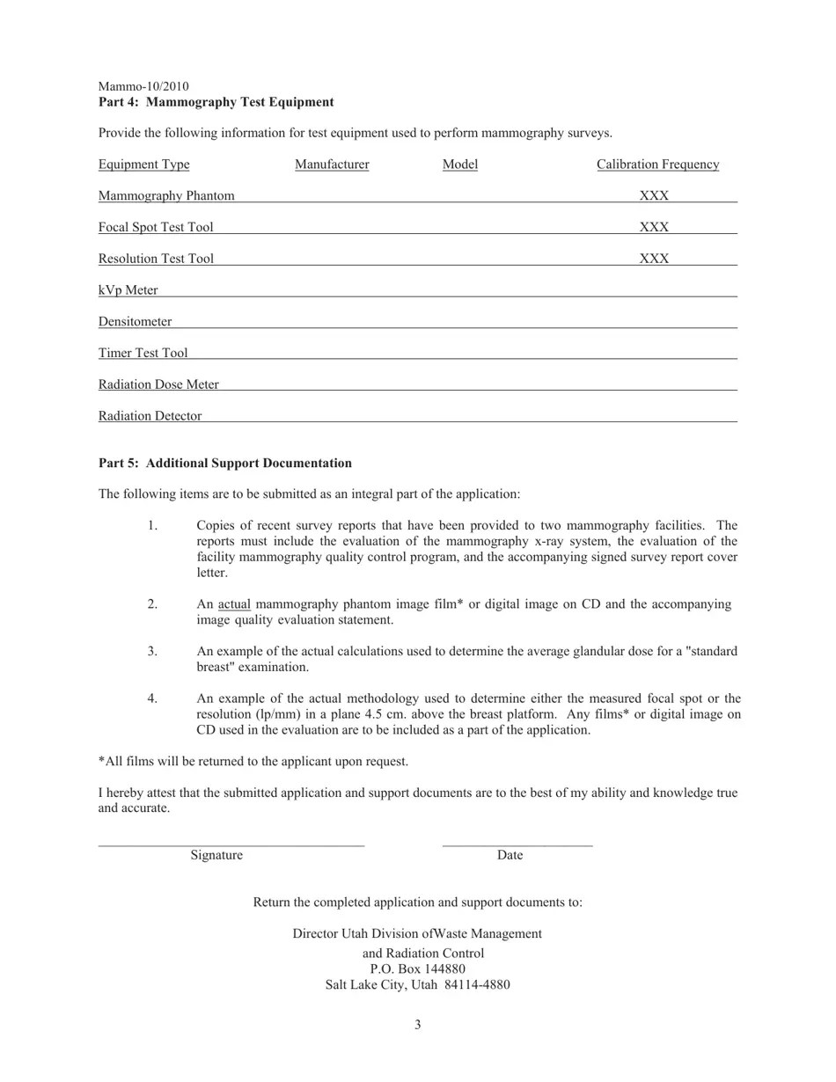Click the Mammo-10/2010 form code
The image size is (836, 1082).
point(143,86)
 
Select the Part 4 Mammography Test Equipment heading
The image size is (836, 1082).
point(216,102)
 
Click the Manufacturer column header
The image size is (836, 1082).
point(332,164)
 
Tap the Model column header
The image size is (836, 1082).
point(459,164)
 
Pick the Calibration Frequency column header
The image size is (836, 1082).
point(657,164)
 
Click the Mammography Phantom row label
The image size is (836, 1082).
point(166,195)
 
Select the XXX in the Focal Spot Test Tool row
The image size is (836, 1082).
point(654,227)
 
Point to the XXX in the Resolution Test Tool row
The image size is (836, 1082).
point(654,259)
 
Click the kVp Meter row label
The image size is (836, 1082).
point(128,290)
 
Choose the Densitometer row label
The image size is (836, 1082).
point(135,322)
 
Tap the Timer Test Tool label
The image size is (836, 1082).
point(143,353)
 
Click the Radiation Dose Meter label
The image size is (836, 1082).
point(158,384)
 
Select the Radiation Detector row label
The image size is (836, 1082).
point(150,416)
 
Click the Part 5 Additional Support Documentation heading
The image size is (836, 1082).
point(224,463)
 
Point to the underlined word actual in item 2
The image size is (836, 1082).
point(234,604)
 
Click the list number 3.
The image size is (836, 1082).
point(152,651)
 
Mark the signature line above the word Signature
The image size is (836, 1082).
point(231,845)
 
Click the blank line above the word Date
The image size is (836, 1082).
point(517,845)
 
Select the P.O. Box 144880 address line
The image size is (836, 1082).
point(417,969)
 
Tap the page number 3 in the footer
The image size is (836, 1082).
point(417,1024)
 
